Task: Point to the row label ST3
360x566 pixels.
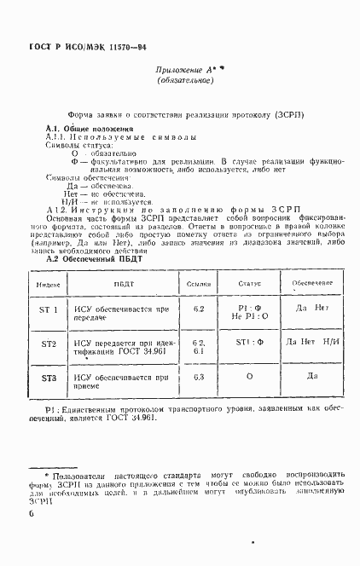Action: (x=49, y=377)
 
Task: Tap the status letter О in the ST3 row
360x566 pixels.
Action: (x=249, y=376)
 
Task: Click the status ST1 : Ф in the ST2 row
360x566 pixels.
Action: (x=249, y=343)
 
